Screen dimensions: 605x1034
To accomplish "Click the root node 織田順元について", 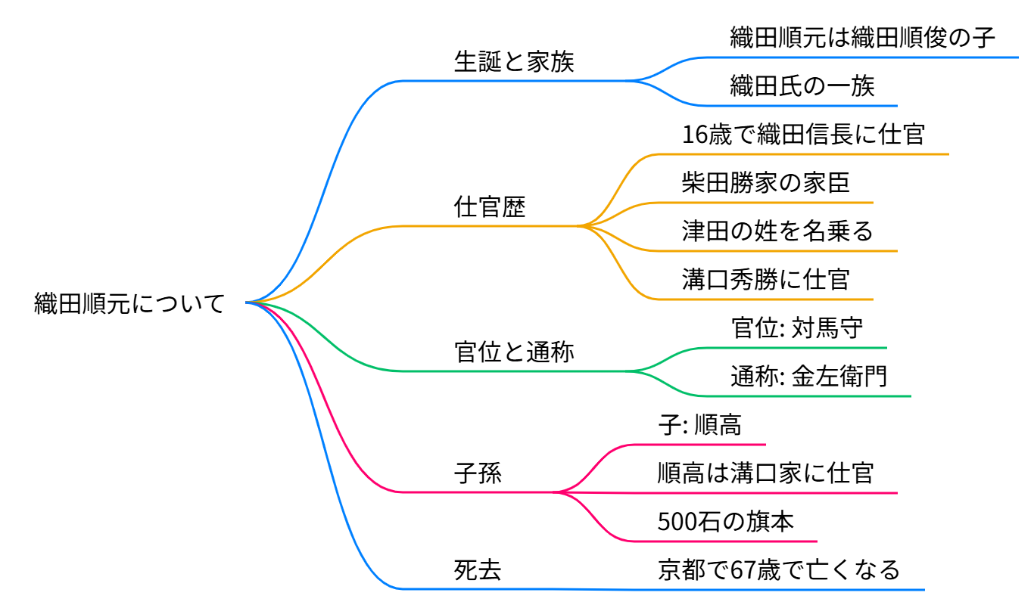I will [129, 304].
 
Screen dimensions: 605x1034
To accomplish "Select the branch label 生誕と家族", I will [514, 61].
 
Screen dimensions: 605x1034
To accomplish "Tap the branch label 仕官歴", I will [490, 206].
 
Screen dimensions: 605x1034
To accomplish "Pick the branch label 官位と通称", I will [514, 352].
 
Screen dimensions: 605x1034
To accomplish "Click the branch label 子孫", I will [478, 473].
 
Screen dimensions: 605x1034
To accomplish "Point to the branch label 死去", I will [478, 569].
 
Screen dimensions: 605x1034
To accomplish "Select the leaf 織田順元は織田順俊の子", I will [862, 37].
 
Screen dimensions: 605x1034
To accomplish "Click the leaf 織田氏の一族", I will [802, 85].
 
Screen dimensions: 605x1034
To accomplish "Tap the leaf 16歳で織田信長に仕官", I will [802, 135].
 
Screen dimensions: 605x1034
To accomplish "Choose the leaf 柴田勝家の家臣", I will [765, 183].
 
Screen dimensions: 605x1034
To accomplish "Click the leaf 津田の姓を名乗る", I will [777, 231].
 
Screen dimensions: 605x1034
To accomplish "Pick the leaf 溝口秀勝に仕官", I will [765, 279].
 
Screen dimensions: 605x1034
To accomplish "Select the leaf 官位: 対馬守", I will [797, 327].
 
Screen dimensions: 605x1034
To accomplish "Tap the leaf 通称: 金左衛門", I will [808, 376].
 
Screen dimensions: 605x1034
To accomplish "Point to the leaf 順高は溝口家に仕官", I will [765, 473].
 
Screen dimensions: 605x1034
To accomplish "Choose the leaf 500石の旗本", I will [725, 522].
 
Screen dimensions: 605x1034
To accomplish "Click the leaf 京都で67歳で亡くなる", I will [778, 569].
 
